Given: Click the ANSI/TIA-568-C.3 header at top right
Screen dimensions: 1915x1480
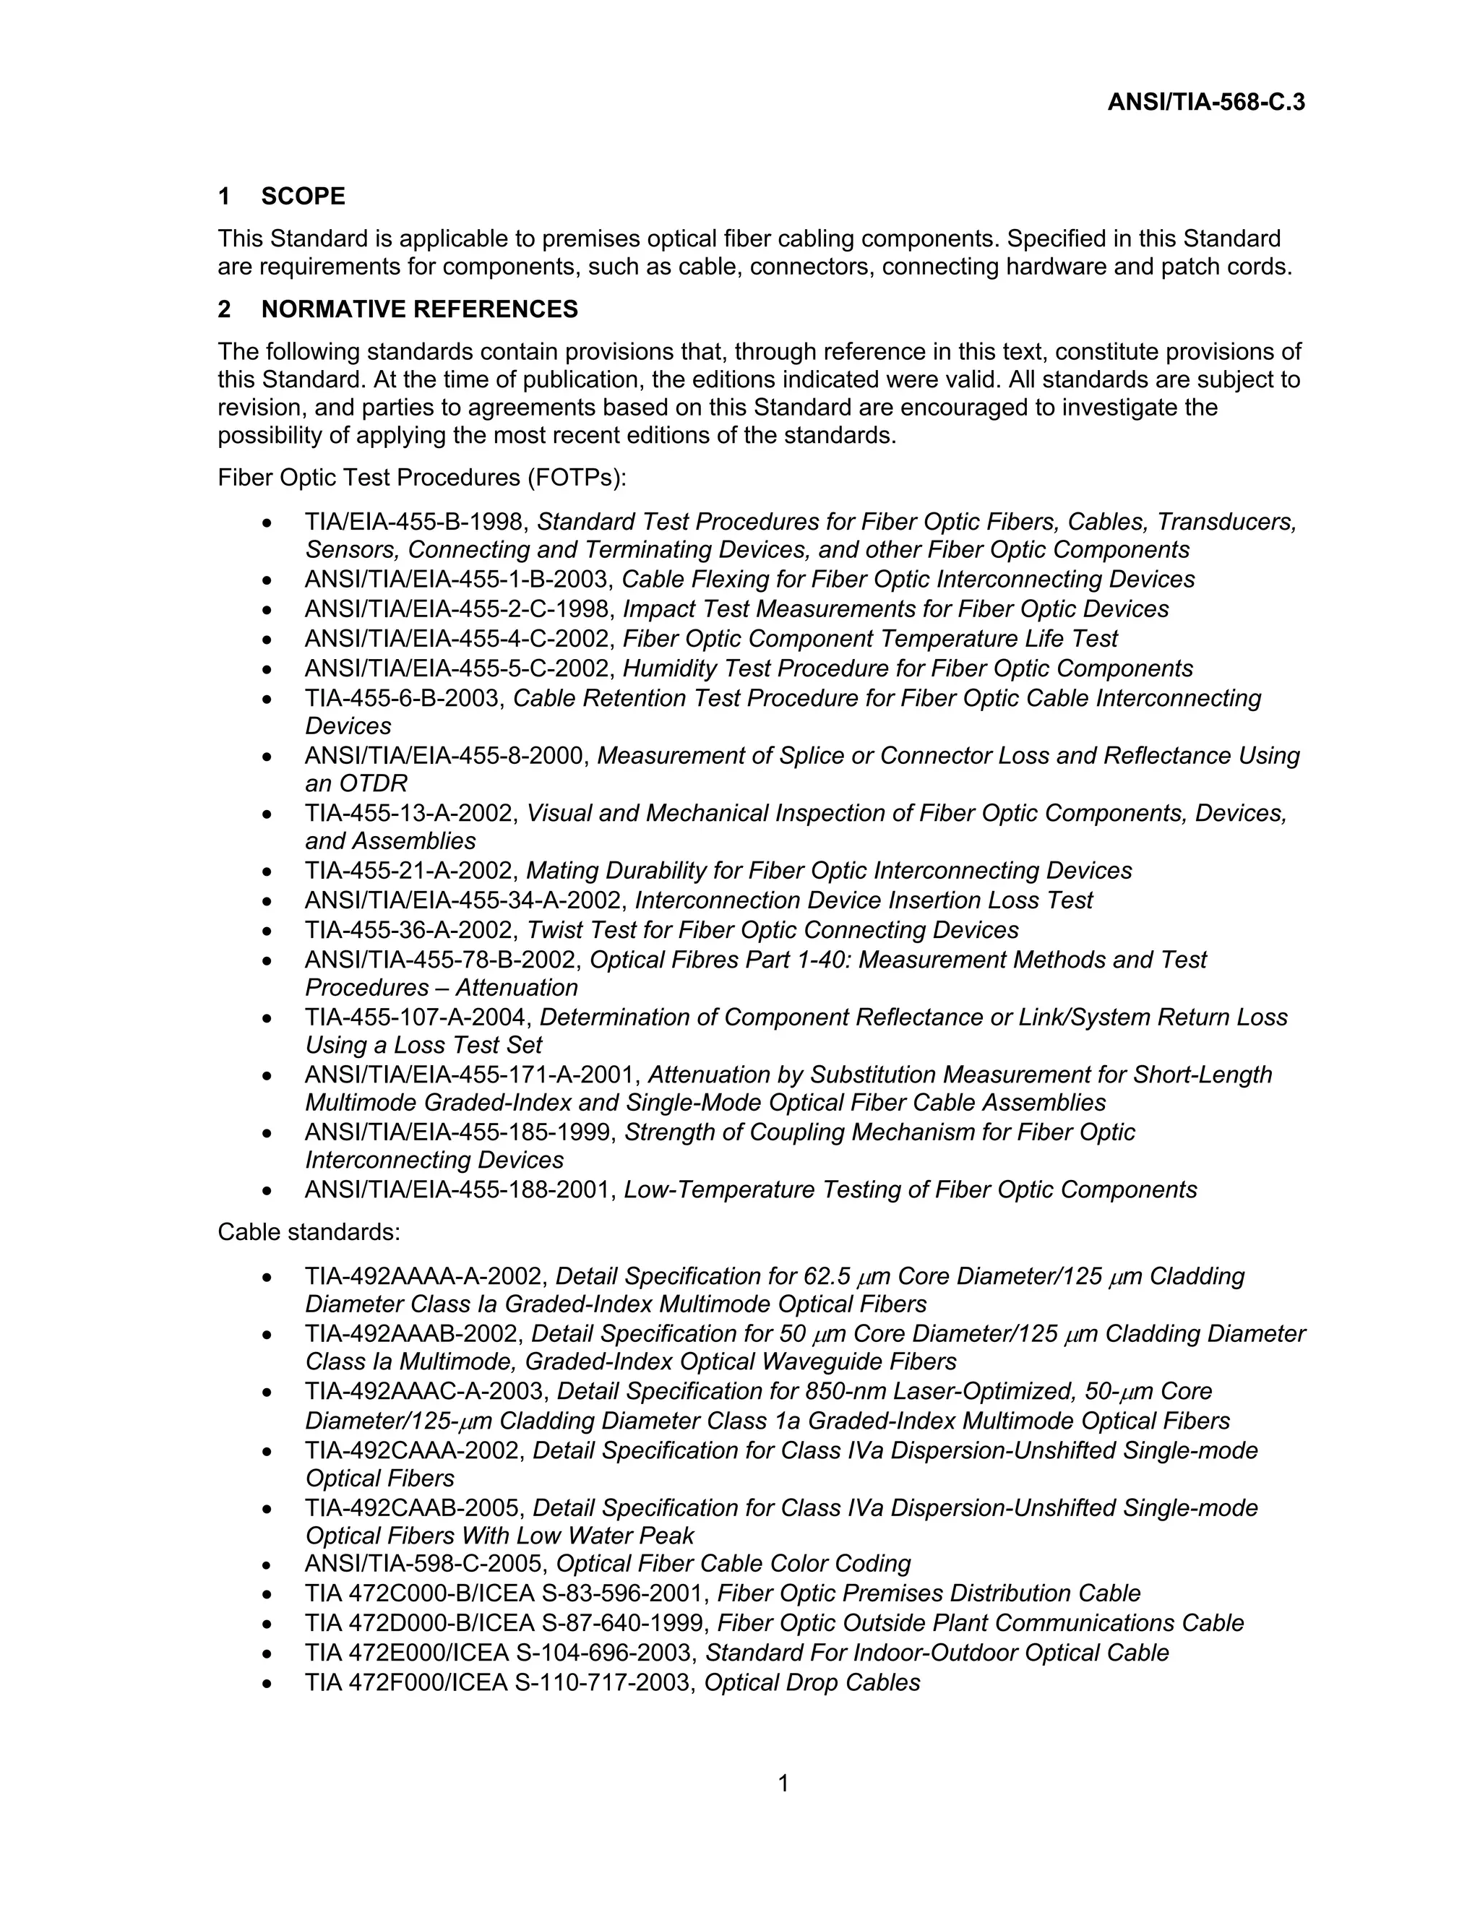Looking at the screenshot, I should pos(1205,103).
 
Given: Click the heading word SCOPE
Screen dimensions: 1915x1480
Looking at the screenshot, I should pos(303,197).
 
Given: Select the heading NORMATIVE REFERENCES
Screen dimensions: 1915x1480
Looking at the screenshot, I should pos(419,309).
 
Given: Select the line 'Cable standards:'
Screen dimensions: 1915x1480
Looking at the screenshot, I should pos(309,1233).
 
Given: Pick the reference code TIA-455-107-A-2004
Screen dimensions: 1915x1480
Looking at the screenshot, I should pos(418,1018).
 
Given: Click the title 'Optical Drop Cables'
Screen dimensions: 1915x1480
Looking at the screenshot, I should pos(812,1682).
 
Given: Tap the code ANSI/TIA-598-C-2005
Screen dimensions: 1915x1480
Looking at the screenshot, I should pos(426,1565).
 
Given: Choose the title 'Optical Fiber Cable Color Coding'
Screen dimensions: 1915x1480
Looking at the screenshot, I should pos(734,1565).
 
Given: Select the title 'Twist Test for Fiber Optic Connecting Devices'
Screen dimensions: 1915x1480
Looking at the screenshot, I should pos(773,930).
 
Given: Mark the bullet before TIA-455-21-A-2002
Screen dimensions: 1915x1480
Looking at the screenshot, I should pos(267,872).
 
